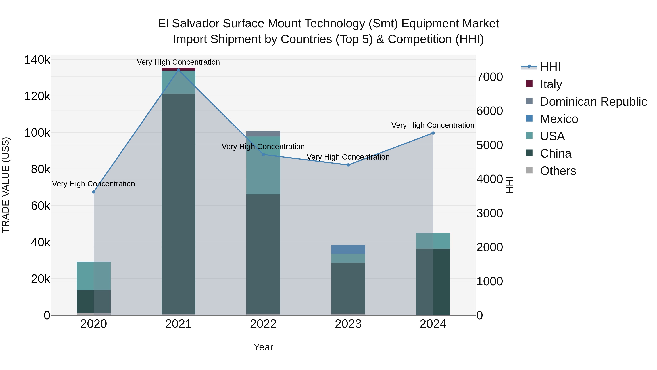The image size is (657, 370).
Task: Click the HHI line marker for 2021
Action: click(x=178, y=70)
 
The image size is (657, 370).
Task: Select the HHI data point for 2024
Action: click(x=433, y=133)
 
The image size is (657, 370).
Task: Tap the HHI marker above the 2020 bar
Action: click(x=94, y=192)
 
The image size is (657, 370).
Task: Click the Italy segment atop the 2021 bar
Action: click(x=178, y=69)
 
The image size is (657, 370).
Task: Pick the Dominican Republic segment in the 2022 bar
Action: click(x=263, y=134)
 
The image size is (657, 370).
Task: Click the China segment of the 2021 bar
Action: click(x=178, y=204)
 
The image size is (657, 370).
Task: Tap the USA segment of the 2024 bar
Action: click(x=433, y=240)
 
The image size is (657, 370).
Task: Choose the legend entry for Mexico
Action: click(x=559, y=119)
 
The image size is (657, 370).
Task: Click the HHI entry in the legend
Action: click(x=550, y=67)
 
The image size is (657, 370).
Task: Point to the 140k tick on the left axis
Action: click(x=37, y=60)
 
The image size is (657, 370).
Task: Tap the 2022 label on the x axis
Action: click(x=263, y=324)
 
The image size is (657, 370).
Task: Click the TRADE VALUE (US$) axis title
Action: click(x=6, y=185)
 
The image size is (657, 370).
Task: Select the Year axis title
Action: click(x=263, y=347)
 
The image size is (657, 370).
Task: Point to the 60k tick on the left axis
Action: click(x=41, y=206)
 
